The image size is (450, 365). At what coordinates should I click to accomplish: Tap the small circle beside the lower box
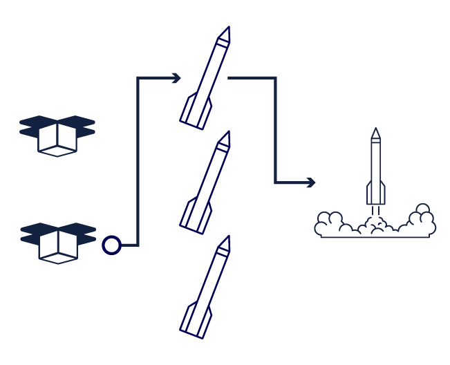pyautogui.click(x=111, y=245)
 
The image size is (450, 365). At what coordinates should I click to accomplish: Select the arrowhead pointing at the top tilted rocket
pyautogui.click(x=176, y=78)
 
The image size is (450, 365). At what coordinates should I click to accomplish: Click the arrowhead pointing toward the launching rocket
pyautogui.click(x=311, y=182)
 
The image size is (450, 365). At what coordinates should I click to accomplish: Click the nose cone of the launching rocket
pyautogui.click(x=375, y=133)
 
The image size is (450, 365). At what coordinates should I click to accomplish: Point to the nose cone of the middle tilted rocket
pyautogui.click(x=223, y=139)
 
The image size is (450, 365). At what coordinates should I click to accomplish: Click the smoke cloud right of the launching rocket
pyautogui.click(x=418, y=221)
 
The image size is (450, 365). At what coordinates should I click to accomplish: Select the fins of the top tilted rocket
pyautogui.click(x=194, y=114)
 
